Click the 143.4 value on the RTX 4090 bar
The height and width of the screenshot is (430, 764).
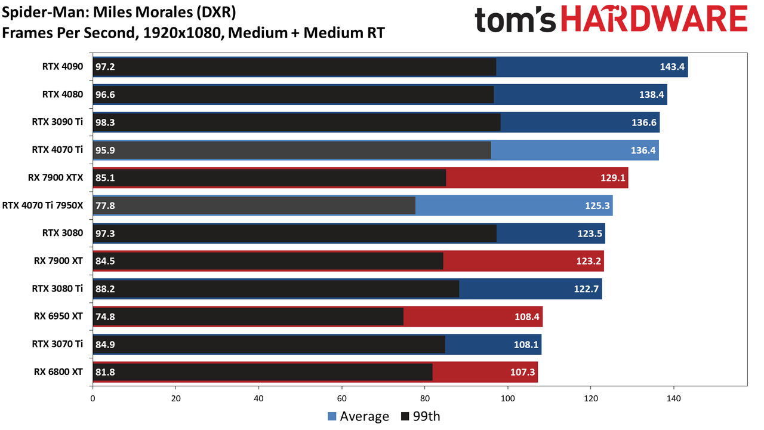[x=672, y=66]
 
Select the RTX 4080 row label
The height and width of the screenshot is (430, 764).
[x=63, y=94]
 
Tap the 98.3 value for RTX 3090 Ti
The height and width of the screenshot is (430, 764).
[x=105, y=122]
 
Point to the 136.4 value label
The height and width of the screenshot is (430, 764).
[x=643, y=150]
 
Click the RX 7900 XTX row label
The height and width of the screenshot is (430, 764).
[x=56, y=177]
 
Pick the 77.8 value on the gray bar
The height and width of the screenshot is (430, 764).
[x=105, y=205]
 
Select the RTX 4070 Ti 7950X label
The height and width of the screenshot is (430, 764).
[x=42, y=205]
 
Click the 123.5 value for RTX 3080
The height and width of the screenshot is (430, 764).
[x=590, y=234]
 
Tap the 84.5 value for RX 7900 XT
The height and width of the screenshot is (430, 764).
[x=105, y=261]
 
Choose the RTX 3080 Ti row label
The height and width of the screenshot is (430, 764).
[x=57, y=288]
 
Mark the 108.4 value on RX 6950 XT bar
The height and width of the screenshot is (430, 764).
[x=527, y=317]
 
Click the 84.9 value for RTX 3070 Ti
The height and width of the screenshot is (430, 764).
[x=105, y=345]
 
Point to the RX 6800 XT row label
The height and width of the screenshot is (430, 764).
[x=58, y=371]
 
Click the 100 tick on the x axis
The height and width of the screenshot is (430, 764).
[x=507, y=398]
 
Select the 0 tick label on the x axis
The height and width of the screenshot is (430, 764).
[x=93, y=398]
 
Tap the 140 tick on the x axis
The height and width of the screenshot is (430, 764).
[x=674, y=398]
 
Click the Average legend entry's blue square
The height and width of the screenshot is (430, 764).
[x=332, y=416]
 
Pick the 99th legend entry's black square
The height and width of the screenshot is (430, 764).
[x=405, y=416]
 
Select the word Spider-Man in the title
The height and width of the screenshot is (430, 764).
[x=45, y=13]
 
